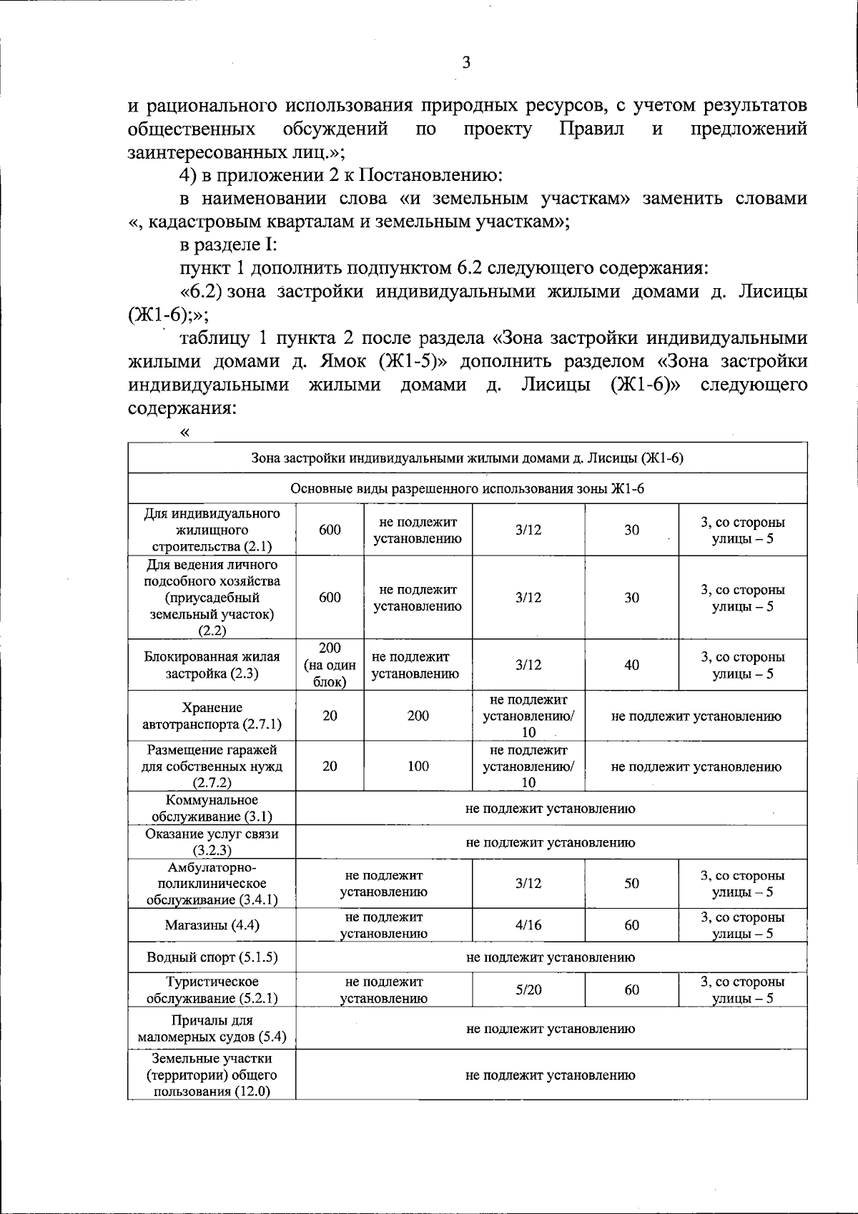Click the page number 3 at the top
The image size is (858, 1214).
(466, 63)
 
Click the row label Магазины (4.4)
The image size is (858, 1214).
(212, 925)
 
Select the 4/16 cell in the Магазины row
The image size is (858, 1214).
(528, 925)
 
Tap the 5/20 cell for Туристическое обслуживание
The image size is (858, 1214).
(528, 990)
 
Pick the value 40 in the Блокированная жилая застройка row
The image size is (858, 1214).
(631, 665)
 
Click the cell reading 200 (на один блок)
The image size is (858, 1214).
(330, 665)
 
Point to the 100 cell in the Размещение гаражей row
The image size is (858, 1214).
(418, 766)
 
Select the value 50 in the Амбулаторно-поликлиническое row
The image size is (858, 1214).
(631, 884)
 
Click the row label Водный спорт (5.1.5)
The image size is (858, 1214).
(212, 957)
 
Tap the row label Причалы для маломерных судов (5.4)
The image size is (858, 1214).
(212, 1029)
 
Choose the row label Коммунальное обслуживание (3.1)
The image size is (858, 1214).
(212, 809)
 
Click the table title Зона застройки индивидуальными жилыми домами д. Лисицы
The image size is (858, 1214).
(467, 458)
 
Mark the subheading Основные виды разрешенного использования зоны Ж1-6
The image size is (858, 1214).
(467, 489)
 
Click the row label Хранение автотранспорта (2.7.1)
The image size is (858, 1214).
(212, 716)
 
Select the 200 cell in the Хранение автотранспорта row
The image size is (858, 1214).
(418, 716)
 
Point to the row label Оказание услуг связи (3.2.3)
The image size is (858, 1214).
(212, 842)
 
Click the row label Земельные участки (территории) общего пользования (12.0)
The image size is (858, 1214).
(212, 1075)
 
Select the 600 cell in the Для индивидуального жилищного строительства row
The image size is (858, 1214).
(330, 530)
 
